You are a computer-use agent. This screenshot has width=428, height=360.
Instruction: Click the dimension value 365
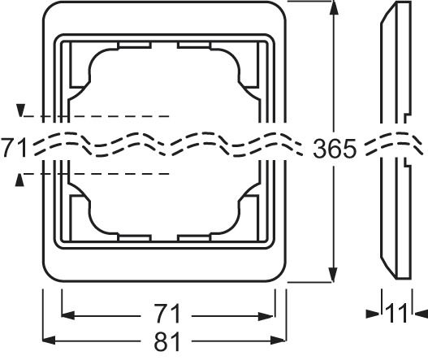click(x=335, y=148)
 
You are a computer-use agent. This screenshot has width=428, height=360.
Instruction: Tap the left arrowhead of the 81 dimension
click(x=48, y=340)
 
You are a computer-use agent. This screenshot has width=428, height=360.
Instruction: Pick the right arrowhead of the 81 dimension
click(x=283, y=340)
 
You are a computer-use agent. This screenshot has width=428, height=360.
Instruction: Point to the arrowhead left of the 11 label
click(x=379, y=312)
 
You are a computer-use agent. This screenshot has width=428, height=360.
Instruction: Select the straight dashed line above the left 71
click(x=97, y=117)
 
